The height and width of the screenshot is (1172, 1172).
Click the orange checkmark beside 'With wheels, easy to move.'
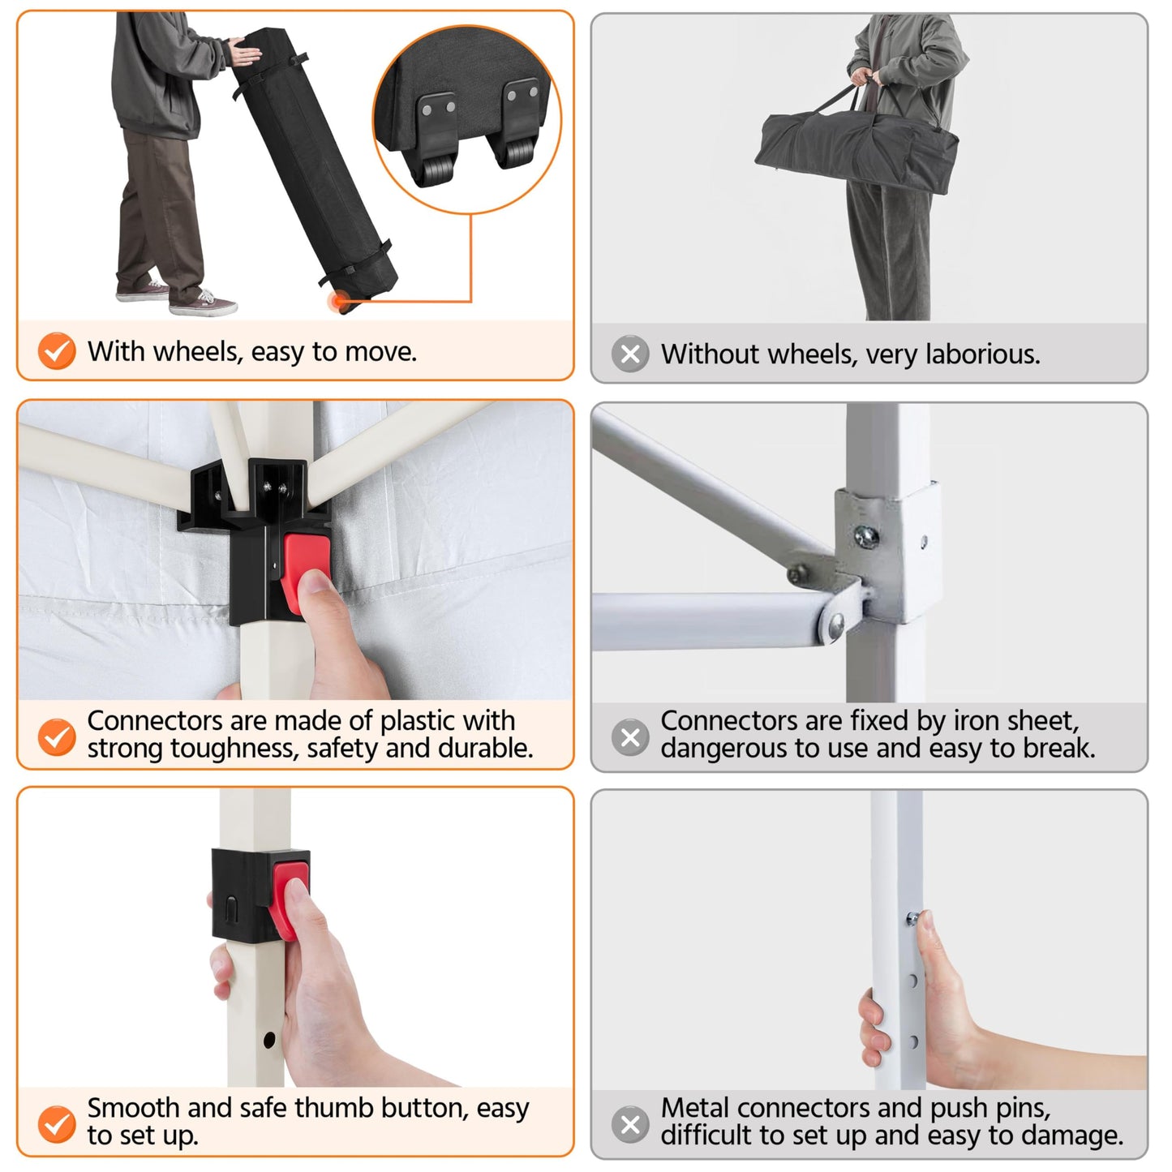pyautogui.click(x=57, y=351)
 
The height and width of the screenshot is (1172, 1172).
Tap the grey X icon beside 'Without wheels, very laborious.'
pyautogui.click(x=631, y=354)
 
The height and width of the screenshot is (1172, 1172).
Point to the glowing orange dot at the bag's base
pyautogui.click(x=338, y=300)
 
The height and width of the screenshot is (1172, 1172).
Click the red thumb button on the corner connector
pyautogui.click(x=305, y=573)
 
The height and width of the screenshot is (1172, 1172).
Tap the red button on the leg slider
pyautogui.click(x=288, y=899)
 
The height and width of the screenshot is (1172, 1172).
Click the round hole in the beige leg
pyautogui.click(x=269, y=1040)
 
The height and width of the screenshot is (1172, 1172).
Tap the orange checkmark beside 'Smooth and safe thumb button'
pyautogui.click(x=57, y=1124)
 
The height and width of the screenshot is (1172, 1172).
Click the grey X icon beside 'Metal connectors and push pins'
pyautogui.click(x=631, y=1124)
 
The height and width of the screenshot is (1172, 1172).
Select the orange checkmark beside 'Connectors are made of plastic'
pyautogui.click(x=57, y=737)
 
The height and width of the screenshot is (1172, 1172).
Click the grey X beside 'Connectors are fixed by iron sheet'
pyautogui.click(x=631, y=737)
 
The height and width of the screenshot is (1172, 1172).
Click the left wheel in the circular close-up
pyautogui.click(x=433, y=169)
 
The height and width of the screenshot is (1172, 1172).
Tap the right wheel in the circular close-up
pyautogui.click(x=518, y=152)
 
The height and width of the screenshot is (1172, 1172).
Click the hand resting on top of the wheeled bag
pyautogui.click(x=244, y=52)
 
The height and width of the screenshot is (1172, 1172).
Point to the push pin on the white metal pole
pyautogui.click(x=912, y=918)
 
